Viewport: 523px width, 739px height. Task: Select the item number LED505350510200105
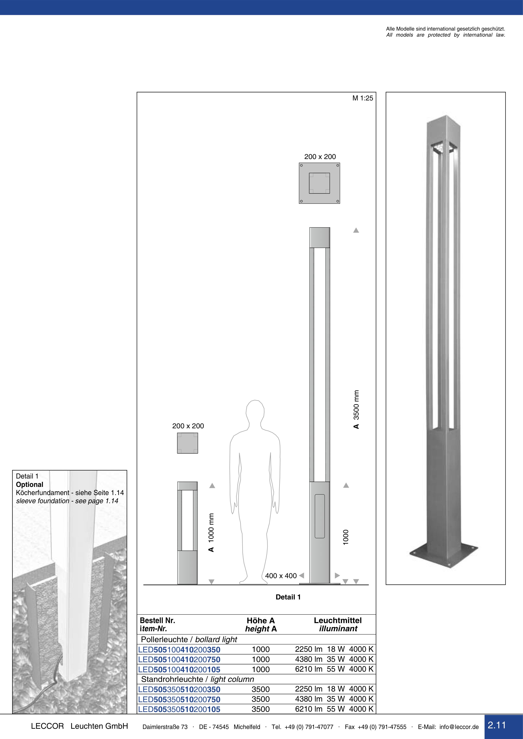[179, 709]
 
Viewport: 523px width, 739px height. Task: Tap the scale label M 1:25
[363, 98]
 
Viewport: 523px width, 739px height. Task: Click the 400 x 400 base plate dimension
[281, 576]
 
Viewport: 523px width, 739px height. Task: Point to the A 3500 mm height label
[356, 409]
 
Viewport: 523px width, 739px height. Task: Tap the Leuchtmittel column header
[338, 621]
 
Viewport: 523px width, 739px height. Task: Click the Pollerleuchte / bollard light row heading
[189, 640]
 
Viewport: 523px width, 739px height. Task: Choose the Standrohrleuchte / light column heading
[198, 679]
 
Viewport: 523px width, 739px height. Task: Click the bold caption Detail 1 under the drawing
[288, 597]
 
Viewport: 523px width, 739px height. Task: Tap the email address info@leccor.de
[459, 727]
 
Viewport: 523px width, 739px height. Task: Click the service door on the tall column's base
[320, 516]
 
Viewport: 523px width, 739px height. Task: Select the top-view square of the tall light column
[319, 183]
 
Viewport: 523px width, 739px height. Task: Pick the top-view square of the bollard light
[187, 443]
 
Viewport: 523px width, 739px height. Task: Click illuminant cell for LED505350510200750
[334, 699]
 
